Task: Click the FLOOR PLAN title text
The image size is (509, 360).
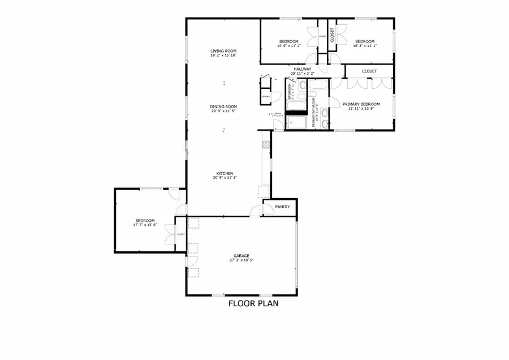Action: click(253, 303)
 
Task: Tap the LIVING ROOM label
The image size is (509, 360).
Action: click(223, 51)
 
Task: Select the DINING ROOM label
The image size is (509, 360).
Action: click(223, 106)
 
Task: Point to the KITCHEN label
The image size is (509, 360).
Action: click(224, 173)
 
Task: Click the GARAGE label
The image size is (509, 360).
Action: click(241, 255)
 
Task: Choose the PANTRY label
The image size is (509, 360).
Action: click(282, 207)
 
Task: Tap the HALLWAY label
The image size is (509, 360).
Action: click(302, 69)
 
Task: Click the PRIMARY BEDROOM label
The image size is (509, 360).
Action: click(361, 104)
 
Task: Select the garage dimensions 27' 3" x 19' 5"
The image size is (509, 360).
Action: click(241, 260)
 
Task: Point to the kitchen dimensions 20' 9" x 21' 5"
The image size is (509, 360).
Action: click(224, 178)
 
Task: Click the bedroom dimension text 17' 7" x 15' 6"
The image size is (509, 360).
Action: click(145, 226)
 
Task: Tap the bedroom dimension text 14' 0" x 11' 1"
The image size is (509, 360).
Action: click(288, 46)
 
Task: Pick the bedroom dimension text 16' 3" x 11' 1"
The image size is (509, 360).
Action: click(365, 46)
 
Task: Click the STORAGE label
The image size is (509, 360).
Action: click(265, 97)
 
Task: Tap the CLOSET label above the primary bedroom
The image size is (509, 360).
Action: click(369, 71)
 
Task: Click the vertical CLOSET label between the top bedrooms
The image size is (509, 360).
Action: click(332, 35)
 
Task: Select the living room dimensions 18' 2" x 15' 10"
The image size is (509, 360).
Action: click(223, 55)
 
